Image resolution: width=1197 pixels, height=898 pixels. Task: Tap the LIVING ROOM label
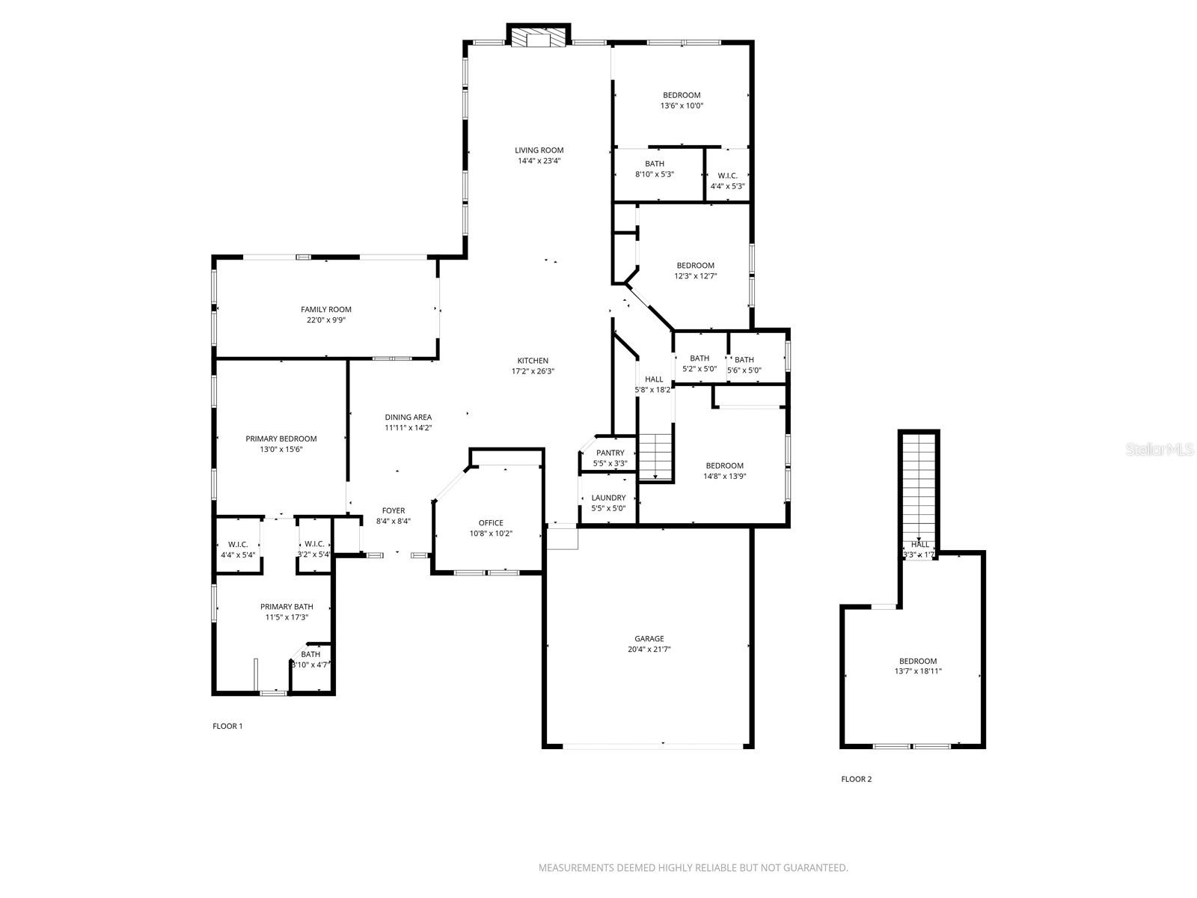pyautogui.click(x=539, y=150)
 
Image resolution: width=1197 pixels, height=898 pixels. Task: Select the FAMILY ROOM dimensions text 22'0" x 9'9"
pyautogui.click(x=326, y=320)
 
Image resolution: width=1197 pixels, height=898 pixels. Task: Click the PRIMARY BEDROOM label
pyautogui.click(x=281, y=439)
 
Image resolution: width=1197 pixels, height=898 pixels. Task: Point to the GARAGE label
pyautogui.click(x=649, y=638)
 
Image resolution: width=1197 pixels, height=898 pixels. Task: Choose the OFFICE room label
pyautogui.click(x=491, y=522)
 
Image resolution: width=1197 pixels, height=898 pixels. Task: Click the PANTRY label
pyautogui.click(x=610, y=453)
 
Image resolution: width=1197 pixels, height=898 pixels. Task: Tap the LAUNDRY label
pyautogui.click(x=608, y=498)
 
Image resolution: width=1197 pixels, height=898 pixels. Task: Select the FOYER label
pyautogui.click(x=393, y=510)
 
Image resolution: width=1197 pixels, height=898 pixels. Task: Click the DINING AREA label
pyautogui.click(x=408, y=417)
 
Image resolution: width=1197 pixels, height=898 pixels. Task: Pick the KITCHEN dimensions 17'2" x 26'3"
pyautogui.click(x=533, y=371)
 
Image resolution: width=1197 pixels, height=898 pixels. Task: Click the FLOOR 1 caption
pyautogui.click(x=227, y=726)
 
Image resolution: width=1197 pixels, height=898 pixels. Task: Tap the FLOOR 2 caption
pyautogui.click(x=856, y=779)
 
